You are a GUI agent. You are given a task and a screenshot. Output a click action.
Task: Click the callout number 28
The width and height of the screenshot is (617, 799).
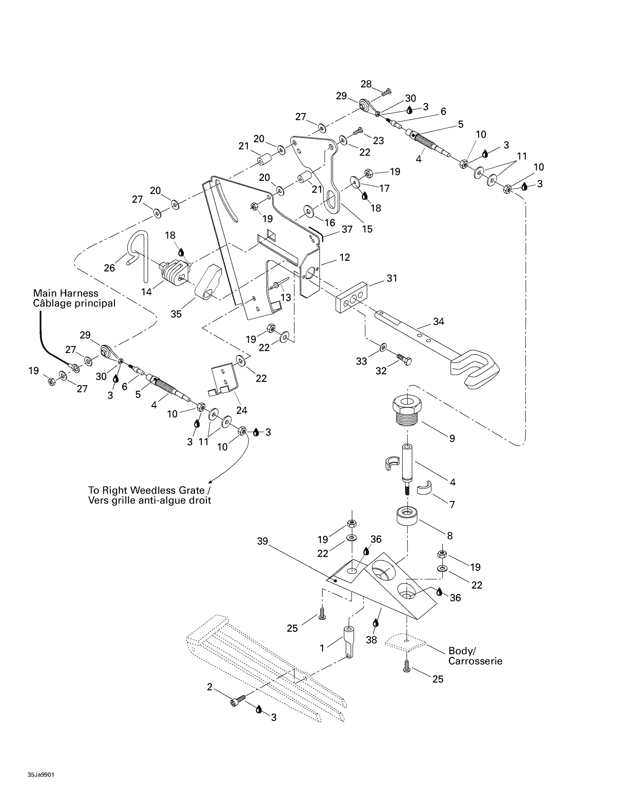click(x=366, y=84)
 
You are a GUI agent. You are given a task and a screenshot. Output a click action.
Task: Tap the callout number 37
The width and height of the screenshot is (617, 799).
click(x=347, y=230)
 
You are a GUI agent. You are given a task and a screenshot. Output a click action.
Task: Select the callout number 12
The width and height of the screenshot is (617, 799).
click(x=345, y=257)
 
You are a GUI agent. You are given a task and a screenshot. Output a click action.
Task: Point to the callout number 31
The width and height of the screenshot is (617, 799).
click(x=392, y=279)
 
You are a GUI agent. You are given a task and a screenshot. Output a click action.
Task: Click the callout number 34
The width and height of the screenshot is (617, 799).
click(x=439, y=321)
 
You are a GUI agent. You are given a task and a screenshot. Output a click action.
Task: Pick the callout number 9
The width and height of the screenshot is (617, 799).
click(x=452, y=438)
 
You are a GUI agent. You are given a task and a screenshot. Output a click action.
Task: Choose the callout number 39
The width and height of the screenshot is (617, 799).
click(x=262, y=541)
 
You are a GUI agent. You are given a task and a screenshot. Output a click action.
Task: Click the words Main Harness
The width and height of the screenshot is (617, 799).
click(x=65, y=293)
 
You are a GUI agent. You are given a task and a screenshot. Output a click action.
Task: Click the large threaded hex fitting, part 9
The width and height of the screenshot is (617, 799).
click(x=407, y=410)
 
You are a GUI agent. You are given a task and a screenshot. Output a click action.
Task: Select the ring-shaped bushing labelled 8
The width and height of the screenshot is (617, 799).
click(x=407, y=516)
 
